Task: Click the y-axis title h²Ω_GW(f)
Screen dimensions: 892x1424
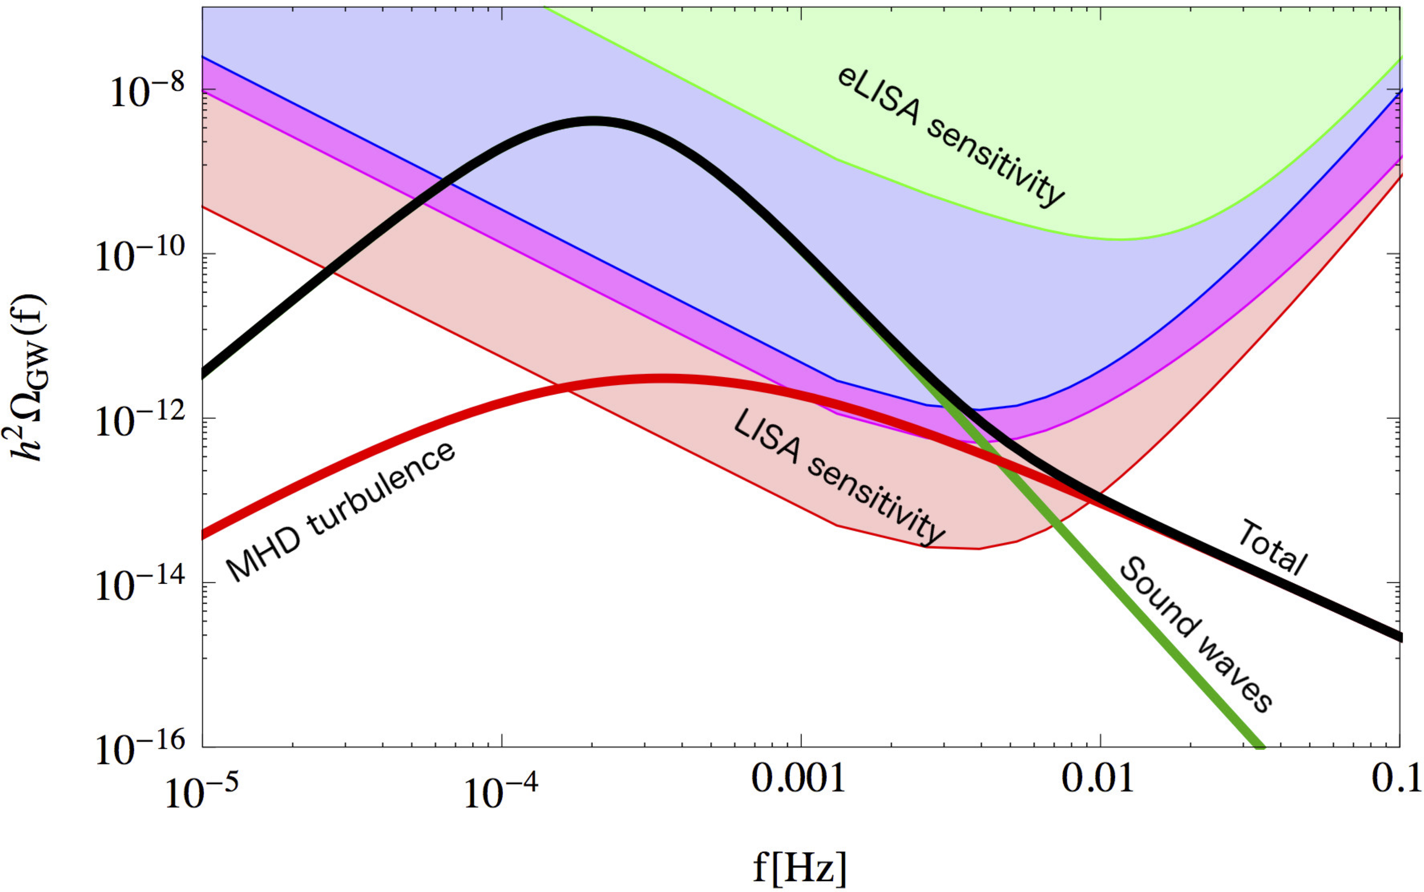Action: coord(30,378)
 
